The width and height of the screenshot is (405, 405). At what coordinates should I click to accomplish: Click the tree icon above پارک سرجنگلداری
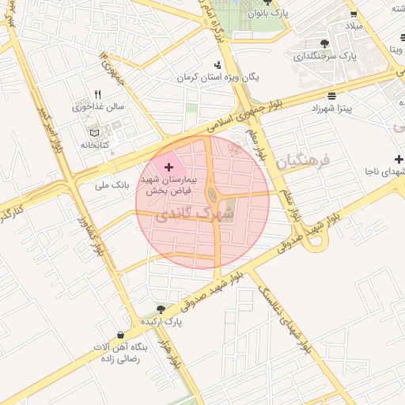click(x=324, y=44)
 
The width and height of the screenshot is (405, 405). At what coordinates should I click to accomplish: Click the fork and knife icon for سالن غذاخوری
click(x=97, y=93)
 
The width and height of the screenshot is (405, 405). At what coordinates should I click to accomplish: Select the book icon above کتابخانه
click(x=95, y=132)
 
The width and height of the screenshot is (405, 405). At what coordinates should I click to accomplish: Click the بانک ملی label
click(x=111, y=185)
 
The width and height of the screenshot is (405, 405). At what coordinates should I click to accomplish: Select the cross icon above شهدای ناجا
click(x=388, y=159)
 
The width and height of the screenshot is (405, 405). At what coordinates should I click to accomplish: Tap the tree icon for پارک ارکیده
click(x=161, y=309)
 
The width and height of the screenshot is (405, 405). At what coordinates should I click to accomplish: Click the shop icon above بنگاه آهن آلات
click(x=119, y=335)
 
